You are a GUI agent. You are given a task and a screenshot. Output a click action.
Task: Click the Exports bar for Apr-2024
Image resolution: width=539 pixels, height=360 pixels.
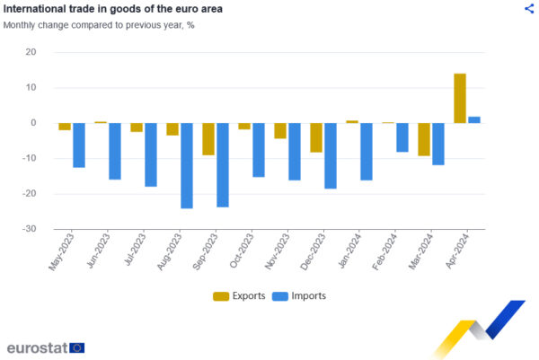point(460,98)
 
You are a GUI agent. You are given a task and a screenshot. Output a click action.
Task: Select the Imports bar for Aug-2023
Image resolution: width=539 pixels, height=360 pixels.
point(187,165)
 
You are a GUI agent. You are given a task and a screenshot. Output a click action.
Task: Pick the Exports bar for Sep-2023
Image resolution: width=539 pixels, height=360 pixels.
point(208,139)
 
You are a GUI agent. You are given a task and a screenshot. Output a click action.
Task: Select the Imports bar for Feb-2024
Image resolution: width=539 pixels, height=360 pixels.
point(402,137)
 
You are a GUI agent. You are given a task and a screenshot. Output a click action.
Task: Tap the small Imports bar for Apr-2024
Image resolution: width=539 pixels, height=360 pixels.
point(474,119)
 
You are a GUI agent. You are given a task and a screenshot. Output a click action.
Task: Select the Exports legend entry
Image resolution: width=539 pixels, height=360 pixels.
point(239,295)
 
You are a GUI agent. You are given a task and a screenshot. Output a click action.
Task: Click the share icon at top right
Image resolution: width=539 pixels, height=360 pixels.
point(528,8)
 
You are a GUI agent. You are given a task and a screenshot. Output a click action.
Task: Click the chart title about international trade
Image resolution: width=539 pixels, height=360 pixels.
point(113,9)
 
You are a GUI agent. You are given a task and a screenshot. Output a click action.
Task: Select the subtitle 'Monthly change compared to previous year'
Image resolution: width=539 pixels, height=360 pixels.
point(99,25)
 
